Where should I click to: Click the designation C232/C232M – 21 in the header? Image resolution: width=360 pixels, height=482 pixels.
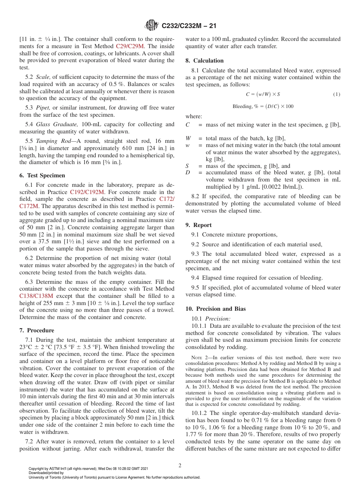[x=189, y=26]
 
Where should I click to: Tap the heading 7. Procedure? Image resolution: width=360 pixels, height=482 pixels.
[x=37, y=330]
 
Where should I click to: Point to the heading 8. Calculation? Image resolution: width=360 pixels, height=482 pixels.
[x=204, y=61]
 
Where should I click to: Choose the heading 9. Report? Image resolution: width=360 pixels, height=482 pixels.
[x=199, y=225]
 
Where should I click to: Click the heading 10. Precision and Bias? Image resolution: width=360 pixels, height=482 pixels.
[x=215, y=309]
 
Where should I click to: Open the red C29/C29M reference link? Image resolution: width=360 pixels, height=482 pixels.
[x=130, y=46]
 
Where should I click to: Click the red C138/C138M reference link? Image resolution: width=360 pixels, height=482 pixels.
[x=36, y=296]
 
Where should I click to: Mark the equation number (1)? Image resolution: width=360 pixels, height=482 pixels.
[x=337, y=94]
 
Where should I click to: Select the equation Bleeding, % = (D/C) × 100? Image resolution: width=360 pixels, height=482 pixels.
[x=263, y=106]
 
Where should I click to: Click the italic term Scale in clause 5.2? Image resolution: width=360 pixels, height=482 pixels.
[x=43, y=77]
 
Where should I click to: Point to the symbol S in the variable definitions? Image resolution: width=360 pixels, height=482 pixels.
[x=187, y=166]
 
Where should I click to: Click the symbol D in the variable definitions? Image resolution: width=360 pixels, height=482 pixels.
[x=188, y=173]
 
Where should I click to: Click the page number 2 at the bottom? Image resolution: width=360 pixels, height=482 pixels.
[x=180, y=466]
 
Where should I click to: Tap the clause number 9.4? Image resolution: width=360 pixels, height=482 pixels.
[x=196, y=278]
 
